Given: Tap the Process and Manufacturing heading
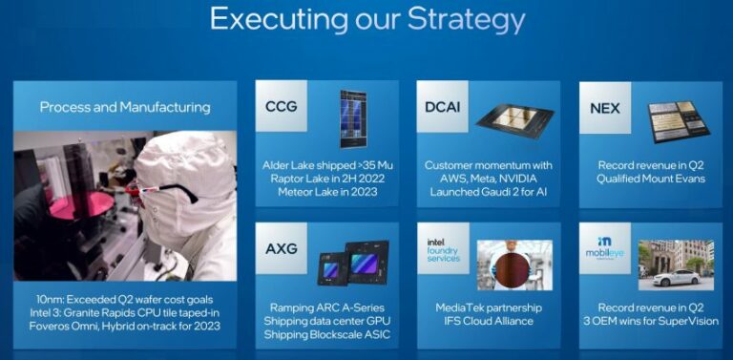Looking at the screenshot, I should pos(125,107).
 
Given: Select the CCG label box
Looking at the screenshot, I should pos(282,106).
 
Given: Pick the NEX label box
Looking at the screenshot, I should pos(605,108).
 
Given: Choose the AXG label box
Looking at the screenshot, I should pos(282,249).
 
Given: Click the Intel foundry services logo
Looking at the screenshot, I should pos(443,250).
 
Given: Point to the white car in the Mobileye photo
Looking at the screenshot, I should pos(676,277).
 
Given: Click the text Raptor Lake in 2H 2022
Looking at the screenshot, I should pos(327,178).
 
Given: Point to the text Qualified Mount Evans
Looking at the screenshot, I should pos(650,178).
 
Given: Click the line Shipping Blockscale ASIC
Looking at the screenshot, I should pos(328,336).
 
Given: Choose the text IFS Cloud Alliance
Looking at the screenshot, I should pos(489,322).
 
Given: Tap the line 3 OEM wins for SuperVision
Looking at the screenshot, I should pos(650,322).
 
